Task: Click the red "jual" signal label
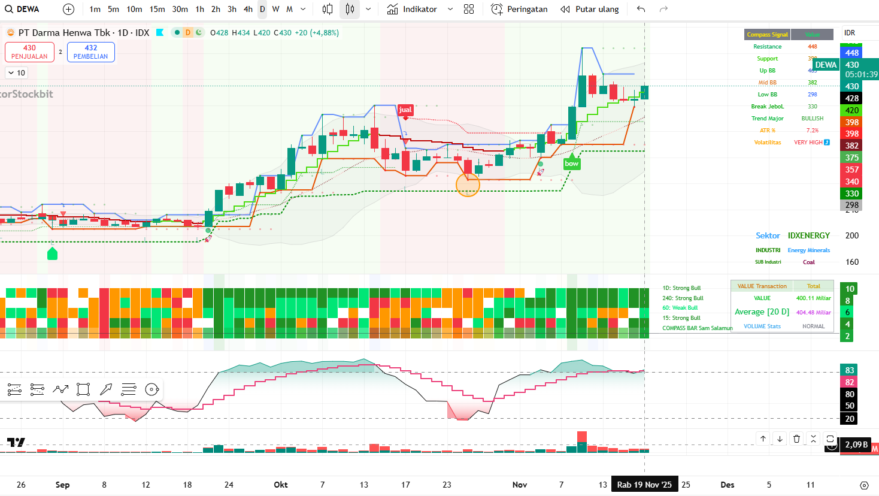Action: click(405, 110)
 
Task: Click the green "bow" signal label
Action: click(572, 164)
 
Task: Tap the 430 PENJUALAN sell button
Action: click(29, 52)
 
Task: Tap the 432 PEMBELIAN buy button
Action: click(91, 52)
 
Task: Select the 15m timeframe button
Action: click(157, 9)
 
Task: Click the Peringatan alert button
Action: click(519, 9)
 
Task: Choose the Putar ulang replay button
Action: click(590, 9)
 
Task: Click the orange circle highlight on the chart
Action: click(468, 185)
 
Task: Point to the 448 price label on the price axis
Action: click(852, 53)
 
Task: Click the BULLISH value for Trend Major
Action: click(813, 119)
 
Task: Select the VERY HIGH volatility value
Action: click(808, 143)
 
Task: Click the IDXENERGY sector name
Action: click(809, 235)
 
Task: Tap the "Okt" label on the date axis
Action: click(281, 485)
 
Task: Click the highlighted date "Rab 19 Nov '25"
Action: click(644, 485)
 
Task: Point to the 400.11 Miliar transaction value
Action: click(813, 298)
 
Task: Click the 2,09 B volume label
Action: click(856, 444)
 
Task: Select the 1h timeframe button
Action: click(200, 9)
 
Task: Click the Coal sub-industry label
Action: click(809, 262)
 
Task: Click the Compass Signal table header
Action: click(767, 35)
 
